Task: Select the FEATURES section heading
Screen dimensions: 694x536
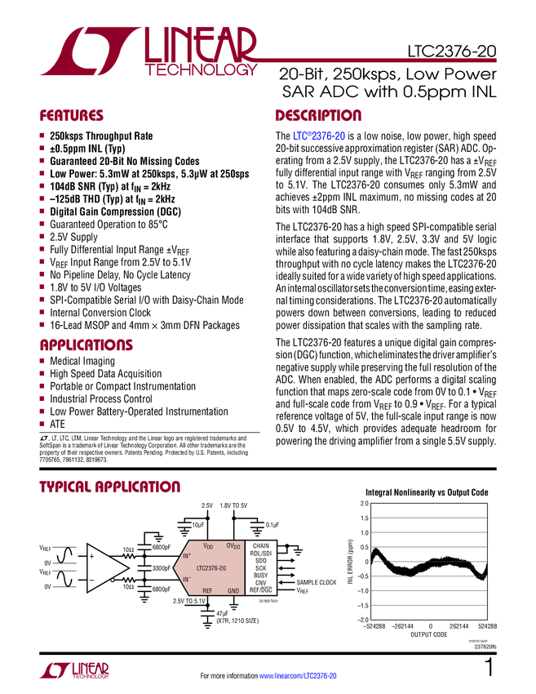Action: pyautogui.click(x=72, y=116)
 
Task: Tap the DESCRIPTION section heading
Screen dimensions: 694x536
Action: pyautogui.click(x=319, y=116)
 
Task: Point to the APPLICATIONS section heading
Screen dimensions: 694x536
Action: pyautogui.click(x=86, y=346)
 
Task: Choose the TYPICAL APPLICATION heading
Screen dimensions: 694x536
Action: pyautogui.click(x=109, y=487)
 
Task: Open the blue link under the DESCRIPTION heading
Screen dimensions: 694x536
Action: pyautogui.click(x=319, y=137)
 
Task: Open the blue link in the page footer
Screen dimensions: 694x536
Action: pyautogui.click(x=299, y=676)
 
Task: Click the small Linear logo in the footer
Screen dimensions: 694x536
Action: pyautogui.click(x=73, y=670)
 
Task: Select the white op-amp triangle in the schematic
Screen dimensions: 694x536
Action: pyautogui.click(x=104, y=568)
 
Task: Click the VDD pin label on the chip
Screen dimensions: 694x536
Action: pyautogui.click(x=208, y=545)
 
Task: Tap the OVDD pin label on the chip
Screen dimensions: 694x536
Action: pyautogui.click(x=233, y=545)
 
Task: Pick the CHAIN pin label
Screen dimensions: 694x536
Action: pyautogui.click(x=260, y=545)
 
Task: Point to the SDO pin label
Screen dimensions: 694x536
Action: pyautogui.click(x=260, y=560)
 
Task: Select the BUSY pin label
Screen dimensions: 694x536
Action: pyautogui.click(x=260, y=575)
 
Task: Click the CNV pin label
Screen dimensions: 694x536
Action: pyautogui.click(x=260, y=582)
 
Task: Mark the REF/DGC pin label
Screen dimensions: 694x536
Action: pyautogui.click(x=260, y=589)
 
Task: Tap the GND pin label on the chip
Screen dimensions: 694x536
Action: pyautogui.click(x=233, y=589)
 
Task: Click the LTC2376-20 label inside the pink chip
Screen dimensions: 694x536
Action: pyautogui.click(x=211, y=567)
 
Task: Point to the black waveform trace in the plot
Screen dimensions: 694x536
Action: pyautogui.click(x=428, y=566)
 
